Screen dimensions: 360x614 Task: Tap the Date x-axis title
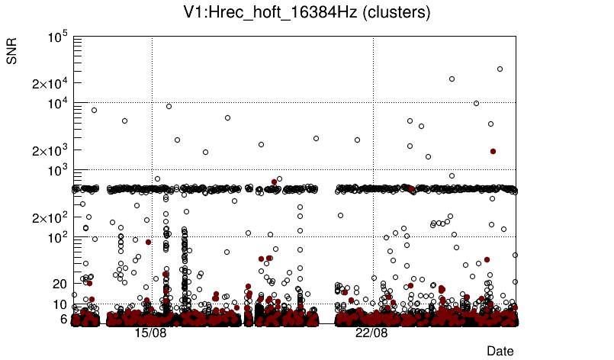pos(500,351)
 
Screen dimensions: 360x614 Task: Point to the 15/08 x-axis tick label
pos(150,333)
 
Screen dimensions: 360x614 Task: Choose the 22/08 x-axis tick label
pos(371,333)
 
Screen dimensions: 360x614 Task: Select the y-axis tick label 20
pos(61,284)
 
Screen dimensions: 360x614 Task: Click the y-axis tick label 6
pos(64,319)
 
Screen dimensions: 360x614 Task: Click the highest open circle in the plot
pos(500,69)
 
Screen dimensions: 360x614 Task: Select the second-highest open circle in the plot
pos(452,79)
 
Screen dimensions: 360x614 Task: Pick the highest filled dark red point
pos(493,151)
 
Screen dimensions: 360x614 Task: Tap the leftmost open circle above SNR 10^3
pos(95,110)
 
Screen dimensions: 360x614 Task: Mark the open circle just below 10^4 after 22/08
pos(477,103)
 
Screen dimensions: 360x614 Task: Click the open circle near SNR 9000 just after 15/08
pos(169,106)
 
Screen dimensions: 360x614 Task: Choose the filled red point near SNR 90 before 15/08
pos(148,242)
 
